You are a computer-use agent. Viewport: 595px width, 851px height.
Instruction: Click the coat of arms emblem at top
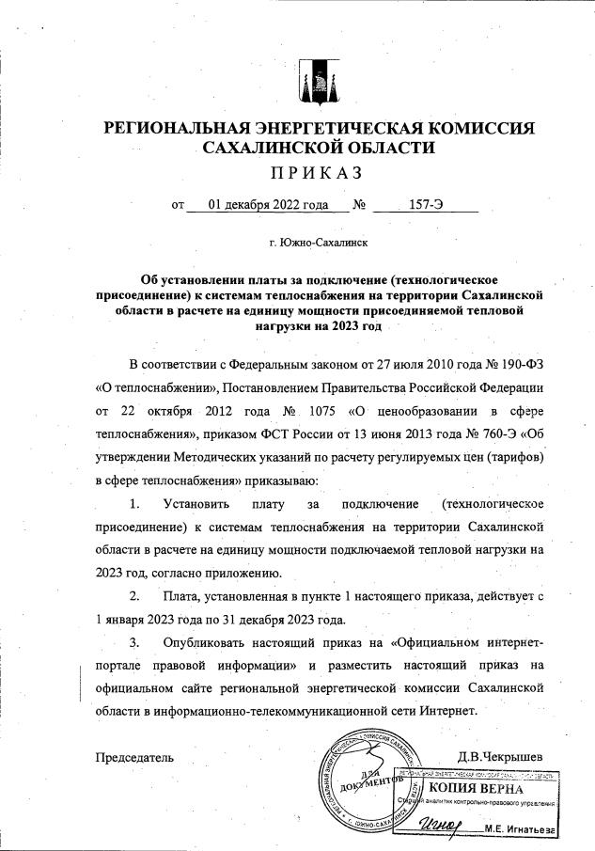point(312,83)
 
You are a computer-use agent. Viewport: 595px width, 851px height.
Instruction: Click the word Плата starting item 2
point(180,596)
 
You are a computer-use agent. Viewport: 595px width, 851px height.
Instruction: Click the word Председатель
point(134,756)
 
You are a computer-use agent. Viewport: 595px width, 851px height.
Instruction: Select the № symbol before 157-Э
point(358,204)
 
